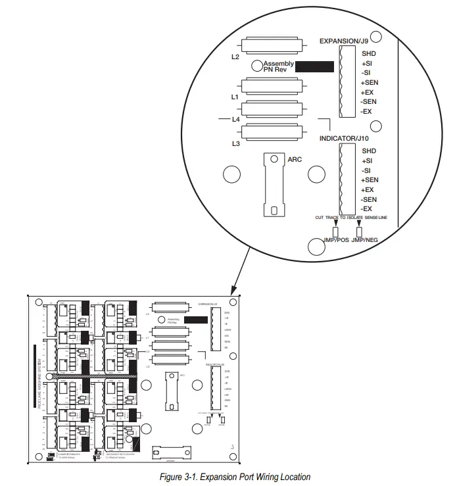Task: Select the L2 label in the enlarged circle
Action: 235,57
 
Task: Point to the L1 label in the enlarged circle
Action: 235,97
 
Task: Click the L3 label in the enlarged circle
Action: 235,143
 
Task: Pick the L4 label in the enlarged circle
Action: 235,120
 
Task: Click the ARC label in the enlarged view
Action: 295,159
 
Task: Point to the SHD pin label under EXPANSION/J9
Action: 369,54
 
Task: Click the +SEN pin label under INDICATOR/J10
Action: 370,180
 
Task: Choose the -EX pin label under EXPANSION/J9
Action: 367,112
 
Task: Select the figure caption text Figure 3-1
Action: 235,477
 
